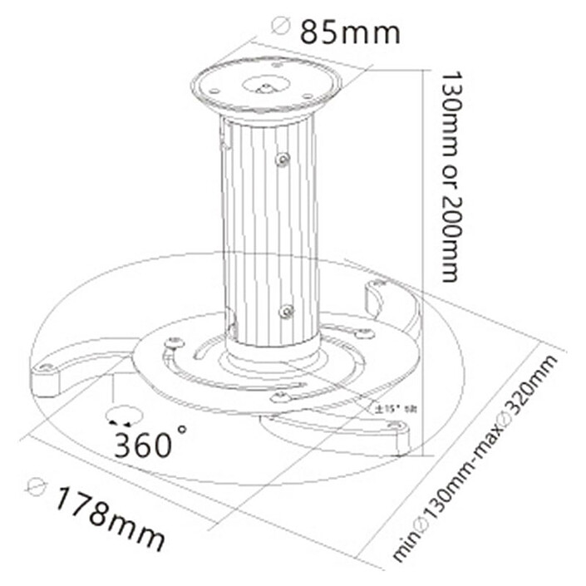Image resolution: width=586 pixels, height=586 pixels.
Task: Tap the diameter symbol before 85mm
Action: (x=281, y=27)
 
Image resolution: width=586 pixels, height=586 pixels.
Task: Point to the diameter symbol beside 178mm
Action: (x=36, y=487)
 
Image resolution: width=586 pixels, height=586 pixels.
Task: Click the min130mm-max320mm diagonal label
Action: (x=475, y=459)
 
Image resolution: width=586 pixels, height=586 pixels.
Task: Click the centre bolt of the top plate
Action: (x=265, y=84)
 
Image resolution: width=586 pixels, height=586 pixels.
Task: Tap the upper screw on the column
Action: (x=283, y=158)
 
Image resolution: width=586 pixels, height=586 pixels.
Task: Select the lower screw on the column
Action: (x=286, y=312)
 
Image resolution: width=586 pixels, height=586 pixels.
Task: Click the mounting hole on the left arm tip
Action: (x=47, y=367)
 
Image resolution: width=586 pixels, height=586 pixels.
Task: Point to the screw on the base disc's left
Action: (x=174, y=341)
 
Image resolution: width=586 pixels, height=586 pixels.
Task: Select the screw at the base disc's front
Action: (x=280, y=397)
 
